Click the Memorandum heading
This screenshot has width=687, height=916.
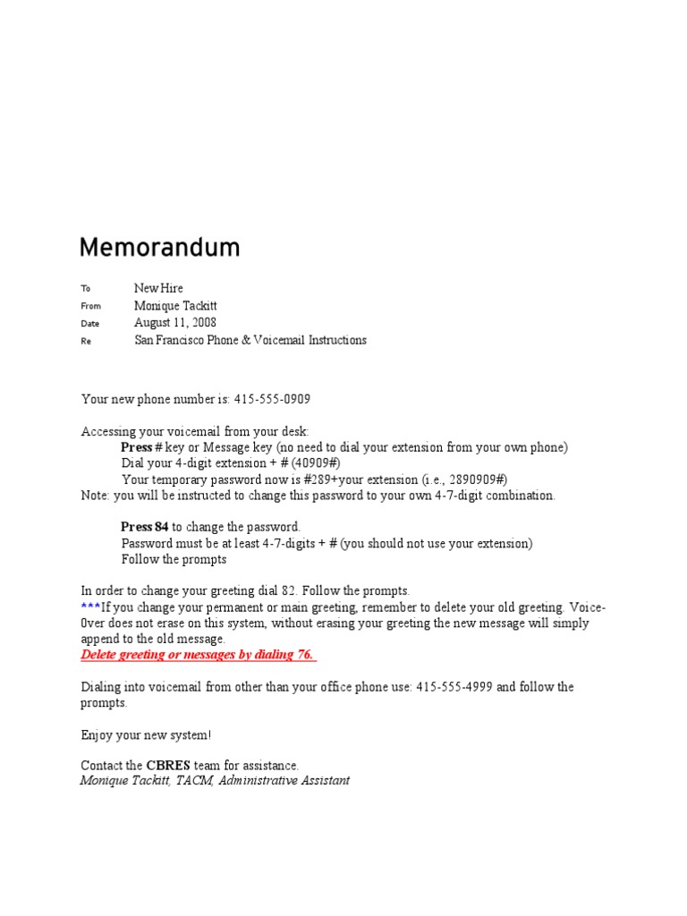tap(159, 248)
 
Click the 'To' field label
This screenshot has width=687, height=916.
tap(86, 289)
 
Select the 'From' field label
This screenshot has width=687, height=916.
tap(90, 306)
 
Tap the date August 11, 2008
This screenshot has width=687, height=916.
tap(175, 323)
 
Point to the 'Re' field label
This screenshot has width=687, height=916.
tap(86, 341)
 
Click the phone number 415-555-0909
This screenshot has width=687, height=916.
tap(271, 399)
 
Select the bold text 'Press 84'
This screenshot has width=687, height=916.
tap(145, 528)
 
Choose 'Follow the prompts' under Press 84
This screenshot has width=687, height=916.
tap(174, 560)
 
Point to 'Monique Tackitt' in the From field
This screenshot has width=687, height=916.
tap(175, 306)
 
